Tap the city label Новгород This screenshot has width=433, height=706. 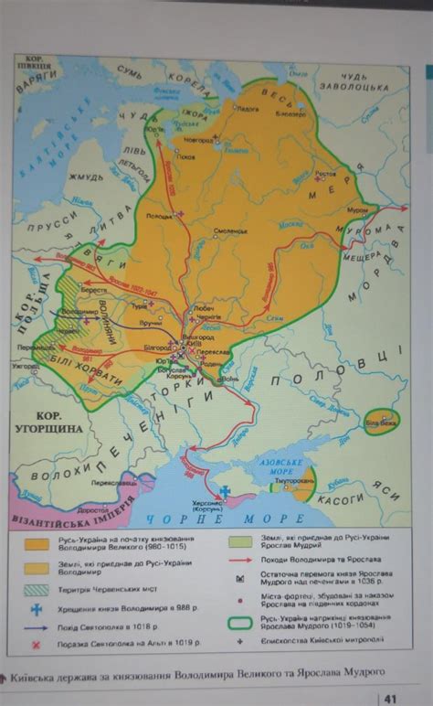click(199, 140)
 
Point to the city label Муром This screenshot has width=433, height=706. click(359, 209)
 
